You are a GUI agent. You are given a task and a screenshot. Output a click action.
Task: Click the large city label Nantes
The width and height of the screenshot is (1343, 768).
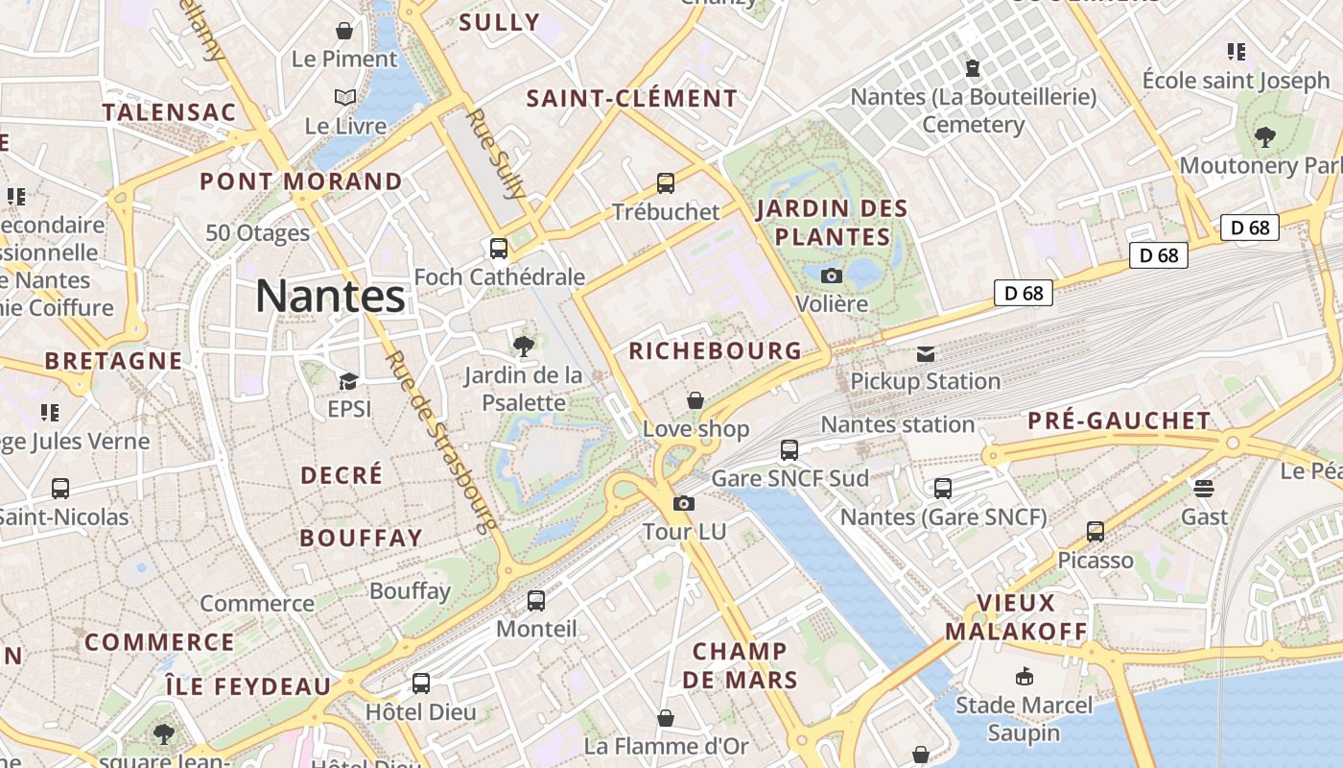tap(331, 296)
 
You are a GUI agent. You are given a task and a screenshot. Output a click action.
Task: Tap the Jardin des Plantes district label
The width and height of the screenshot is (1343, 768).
tap(832, 222)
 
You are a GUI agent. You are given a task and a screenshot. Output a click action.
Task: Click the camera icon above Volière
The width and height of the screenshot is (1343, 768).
tap(832, 276)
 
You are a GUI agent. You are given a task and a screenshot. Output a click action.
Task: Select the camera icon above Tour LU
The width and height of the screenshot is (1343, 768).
tap(683, 503)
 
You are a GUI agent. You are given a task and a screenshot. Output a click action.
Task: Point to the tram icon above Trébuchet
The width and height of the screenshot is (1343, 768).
tap(666, 183)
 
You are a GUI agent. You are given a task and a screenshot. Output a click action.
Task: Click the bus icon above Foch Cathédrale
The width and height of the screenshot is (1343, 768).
tap(499, 249)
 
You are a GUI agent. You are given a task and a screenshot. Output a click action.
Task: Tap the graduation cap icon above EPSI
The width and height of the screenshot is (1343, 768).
tap(348, 382)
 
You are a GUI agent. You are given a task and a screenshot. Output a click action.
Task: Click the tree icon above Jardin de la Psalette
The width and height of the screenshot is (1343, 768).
tap(524, 347)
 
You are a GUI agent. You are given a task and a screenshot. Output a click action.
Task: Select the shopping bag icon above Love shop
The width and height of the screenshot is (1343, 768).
tap(695, 400)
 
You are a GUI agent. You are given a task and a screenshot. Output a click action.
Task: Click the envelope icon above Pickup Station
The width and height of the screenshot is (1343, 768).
tap(925, 354)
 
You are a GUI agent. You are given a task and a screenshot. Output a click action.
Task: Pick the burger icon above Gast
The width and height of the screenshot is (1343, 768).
tap(1204, 489)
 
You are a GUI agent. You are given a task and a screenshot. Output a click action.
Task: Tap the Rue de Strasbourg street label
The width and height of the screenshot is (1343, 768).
tap(441, 441)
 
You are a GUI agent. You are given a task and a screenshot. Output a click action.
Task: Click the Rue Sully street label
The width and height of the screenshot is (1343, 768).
tap(495, 153)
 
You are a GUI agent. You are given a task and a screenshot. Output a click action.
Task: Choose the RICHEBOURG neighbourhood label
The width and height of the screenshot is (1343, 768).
tap(715, 351)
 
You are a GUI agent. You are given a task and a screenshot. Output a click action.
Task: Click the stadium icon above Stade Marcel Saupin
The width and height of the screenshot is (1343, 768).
tap(1024, 677)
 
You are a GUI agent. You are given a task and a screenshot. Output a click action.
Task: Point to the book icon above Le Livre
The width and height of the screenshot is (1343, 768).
tap(345, 97)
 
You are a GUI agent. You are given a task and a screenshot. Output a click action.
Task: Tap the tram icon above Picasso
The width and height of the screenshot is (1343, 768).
tap(1096, 532)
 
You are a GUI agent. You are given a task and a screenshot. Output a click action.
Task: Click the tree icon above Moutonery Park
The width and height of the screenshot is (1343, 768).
tap(1264, 137)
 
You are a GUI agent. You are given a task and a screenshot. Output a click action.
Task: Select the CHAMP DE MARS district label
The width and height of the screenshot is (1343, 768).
tap(740, 665)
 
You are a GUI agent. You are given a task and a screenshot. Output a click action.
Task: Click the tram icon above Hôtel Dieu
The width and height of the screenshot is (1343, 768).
tap(421, 684)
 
